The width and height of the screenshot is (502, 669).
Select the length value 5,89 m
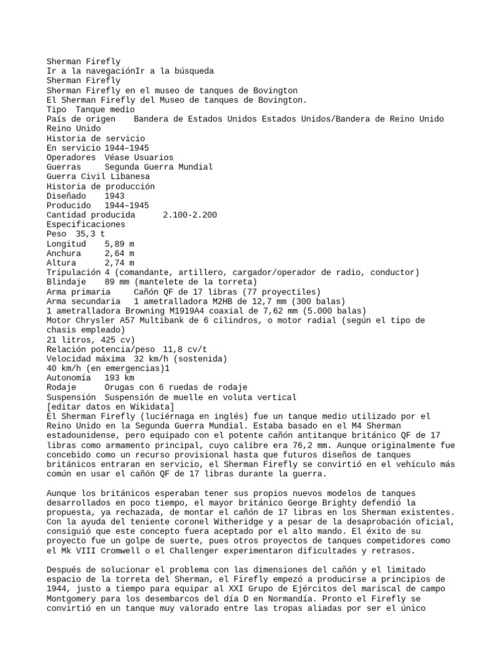(119, 243)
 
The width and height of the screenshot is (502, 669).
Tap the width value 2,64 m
(119, 253)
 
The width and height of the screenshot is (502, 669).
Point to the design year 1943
(114, 195)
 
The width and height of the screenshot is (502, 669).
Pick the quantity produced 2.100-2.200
(190, 214)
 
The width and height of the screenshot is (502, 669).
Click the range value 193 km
(119, 378)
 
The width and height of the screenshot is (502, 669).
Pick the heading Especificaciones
(86, 224)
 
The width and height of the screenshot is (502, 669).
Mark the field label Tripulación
(74, 272)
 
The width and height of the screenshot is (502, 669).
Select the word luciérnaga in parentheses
(164, 416)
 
